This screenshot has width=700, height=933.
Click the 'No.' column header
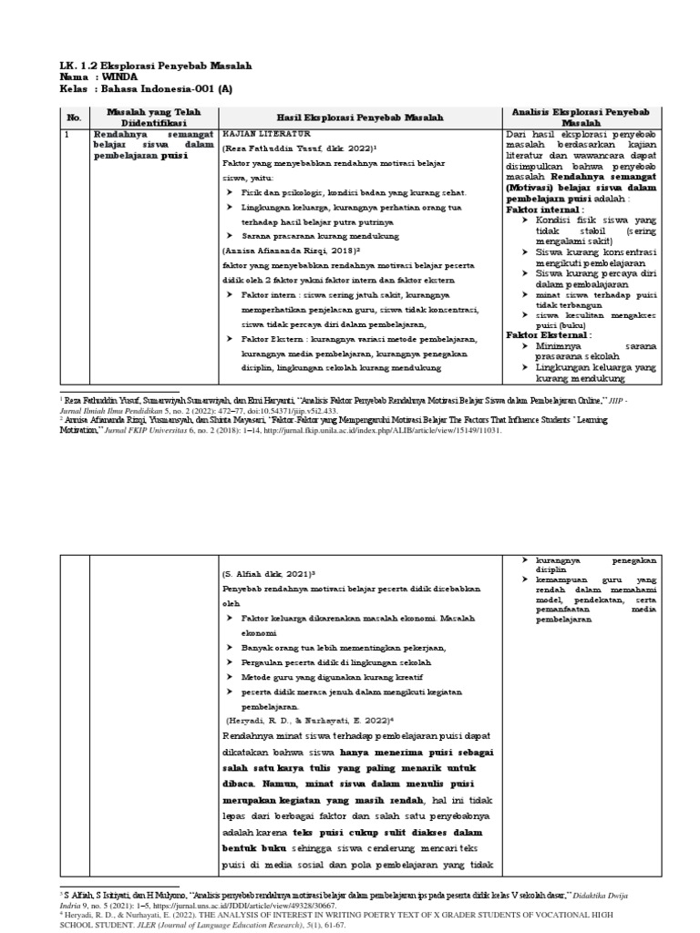pos(75,118)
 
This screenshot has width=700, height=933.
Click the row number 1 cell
pos(67,135)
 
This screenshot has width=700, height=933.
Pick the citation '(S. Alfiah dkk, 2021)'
pos(269,576)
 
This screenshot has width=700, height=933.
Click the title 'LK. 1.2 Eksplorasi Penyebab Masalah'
pos(154,67)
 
